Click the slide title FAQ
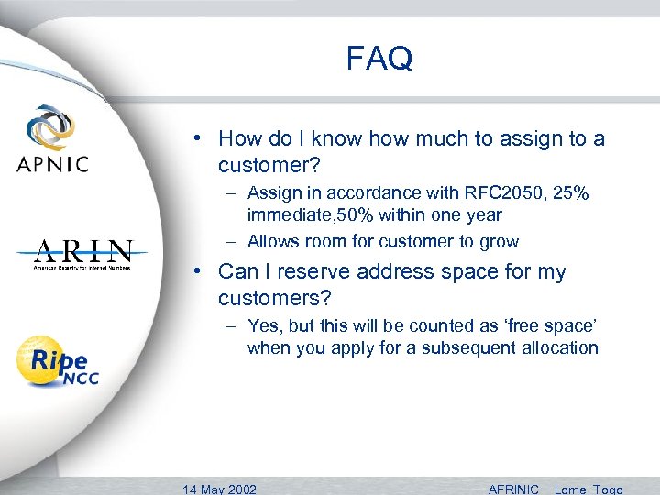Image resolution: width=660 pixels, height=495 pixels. coord(379,59)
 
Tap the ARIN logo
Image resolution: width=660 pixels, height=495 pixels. coord(83,253)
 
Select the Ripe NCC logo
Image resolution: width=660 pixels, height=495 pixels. coord(57,361)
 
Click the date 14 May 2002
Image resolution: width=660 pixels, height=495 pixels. coord(220,489)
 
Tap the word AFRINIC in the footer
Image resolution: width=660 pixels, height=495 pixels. coord(513,489)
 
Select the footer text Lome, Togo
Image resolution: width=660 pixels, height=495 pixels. coord(588,489)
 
